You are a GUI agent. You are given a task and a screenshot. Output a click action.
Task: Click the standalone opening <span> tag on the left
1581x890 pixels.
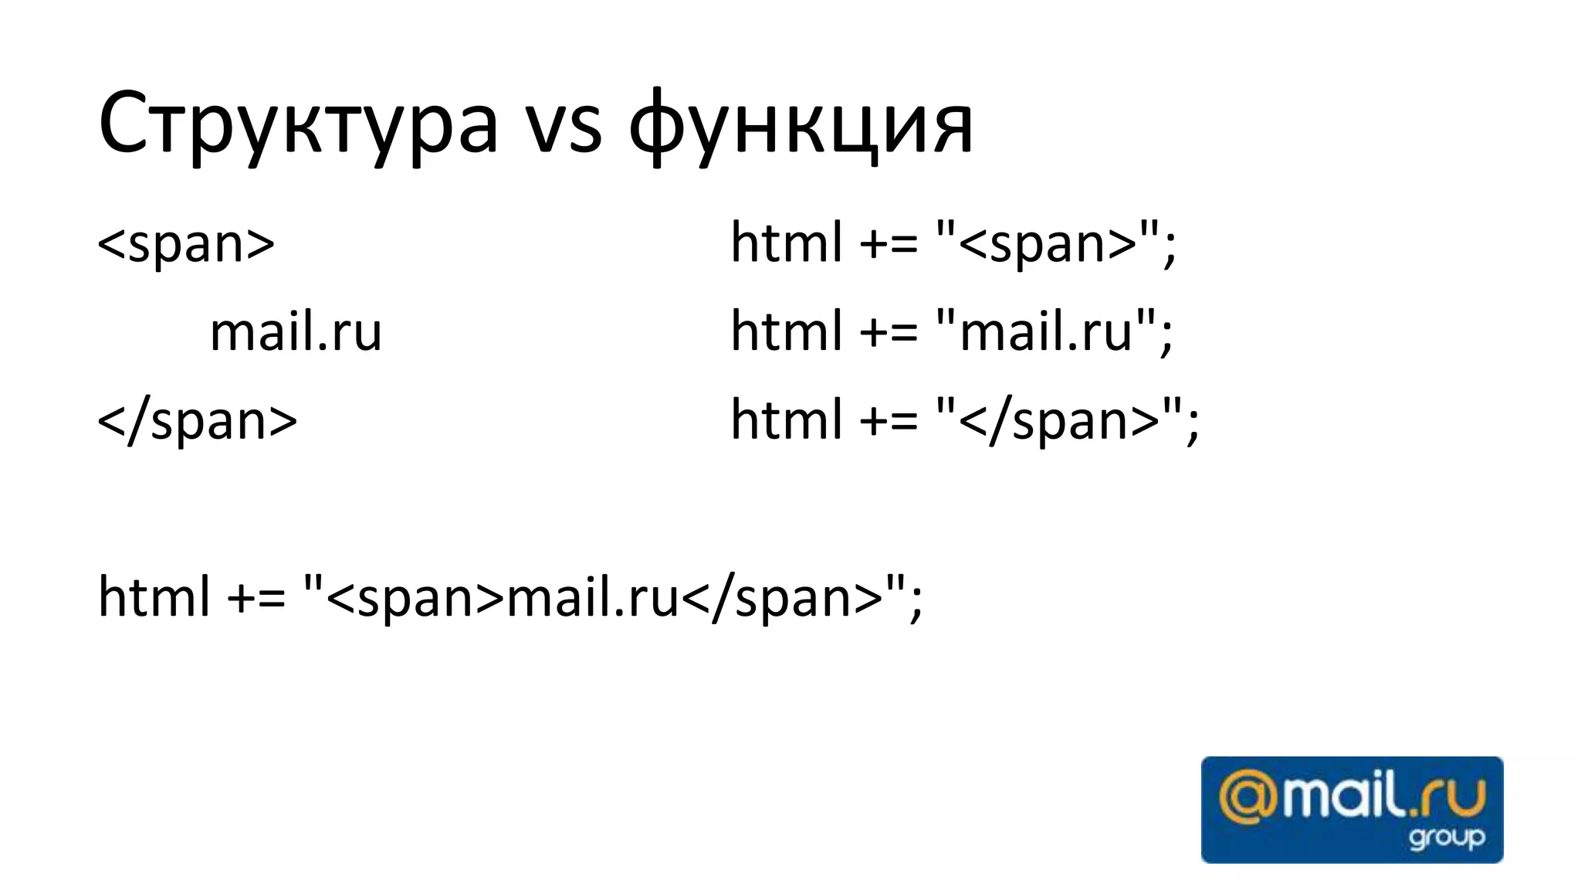[x=186, y=243]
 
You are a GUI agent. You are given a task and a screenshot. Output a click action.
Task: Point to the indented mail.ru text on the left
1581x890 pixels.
[x=296, y=332]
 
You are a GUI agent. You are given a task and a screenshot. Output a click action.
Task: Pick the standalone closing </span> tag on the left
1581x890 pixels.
[x=198, y=421]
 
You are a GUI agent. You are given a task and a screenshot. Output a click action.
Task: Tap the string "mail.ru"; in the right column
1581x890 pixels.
[x=1054, y=332]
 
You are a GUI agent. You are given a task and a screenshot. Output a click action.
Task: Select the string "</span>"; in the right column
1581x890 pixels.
[x=1067, y=421]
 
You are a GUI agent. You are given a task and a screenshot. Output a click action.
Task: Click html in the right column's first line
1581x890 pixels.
[x=786, y=243]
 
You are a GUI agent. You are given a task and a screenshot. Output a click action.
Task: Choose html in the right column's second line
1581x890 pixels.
[x=786, y=332]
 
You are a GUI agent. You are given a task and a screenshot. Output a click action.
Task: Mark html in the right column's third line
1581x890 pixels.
[x=786, y=421]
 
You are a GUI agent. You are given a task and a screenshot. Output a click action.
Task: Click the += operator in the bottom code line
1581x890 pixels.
[x=256, y=600]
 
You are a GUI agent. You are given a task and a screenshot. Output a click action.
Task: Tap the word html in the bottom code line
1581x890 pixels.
[x=154, y=598]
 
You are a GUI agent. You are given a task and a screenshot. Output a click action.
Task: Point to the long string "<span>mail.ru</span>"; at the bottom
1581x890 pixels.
[x=613, y=600]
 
